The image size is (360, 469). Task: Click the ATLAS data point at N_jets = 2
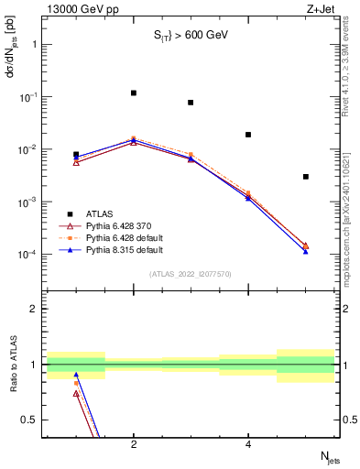(x=134, y=93)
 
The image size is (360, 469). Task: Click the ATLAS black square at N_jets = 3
(x=191, y=103)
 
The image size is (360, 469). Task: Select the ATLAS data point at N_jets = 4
(x=248, y=135)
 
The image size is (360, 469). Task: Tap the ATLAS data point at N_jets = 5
(x=305, y=177)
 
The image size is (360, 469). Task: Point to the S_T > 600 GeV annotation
(x=191, y=36)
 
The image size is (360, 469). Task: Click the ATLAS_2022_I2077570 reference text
(x=191, y=274)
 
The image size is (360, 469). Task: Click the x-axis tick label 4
(x=248, y=445)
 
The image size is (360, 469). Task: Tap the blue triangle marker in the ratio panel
(x=76, y=375)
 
